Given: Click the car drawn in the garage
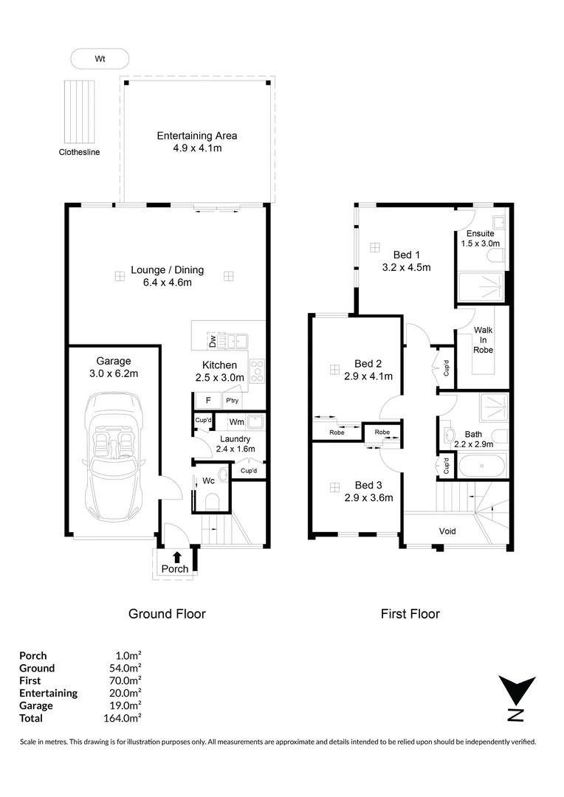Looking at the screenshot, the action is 114,457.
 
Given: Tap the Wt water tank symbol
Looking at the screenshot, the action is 100,59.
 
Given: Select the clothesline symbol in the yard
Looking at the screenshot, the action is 79,112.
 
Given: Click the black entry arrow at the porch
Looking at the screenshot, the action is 177,557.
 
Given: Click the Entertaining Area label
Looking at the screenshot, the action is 197,136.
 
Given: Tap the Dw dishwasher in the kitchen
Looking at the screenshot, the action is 212,341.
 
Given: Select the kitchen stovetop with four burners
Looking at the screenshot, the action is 258,371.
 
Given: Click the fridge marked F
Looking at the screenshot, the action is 208,401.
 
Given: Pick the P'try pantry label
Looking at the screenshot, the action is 232,401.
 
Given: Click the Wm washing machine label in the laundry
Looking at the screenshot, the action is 236,422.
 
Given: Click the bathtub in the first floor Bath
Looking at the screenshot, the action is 482,466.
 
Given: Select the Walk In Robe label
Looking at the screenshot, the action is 483,340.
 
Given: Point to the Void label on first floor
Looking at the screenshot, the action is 447,531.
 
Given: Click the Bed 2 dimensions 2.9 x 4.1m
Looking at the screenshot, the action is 368,376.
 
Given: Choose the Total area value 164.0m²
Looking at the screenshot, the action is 122,718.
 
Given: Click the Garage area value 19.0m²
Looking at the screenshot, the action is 125,705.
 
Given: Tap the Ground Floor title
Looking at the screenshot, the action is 167,614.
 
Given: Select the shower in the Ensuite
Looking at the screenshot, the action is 481,287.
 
